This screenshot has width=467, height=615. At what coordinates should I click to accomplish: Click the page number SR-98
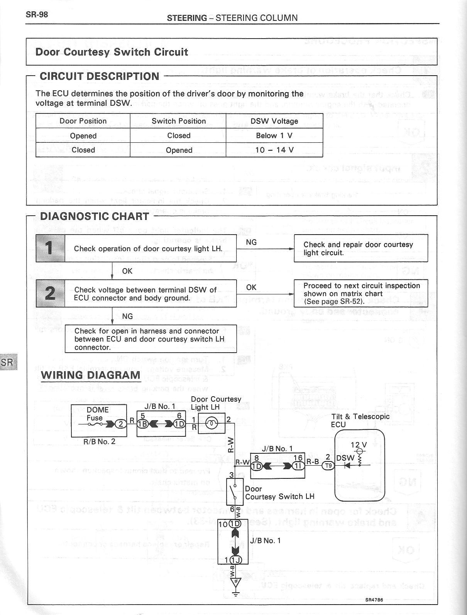pyautogui.click(x=37, y=15)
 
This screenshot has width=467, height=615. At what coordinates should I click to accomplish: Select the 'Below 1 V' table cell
pyautogui.click(x=274, y=135)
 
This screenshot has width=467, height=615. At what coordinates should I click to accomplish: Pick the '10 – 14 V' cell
pyautogui.click(x=274, y=150)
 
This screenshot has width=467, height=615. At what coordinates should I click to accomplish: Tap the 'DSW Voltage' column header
pyautogui.click(x=274, y=121)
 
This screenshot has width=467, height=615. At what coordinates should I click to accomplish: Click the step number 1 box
pyautogui.click(x=50, y=248)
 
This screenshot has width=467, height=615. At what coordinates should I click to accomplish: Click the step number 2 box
pyautogui.click(x=50, y=293)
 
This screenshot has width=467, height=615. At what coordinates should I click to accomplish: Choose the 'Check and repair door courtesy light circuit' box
pyautogui.click(x=361, y=248)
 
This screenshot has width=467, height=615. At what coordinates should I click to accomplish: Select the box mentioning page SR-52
pyautogui.click(x=361, y=293)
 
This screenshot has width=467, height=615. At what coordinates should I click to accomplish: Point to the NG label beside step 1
pyautogui.click(x=251, y=242)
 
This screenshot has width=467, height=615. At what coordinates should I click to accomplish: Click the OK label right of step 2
pyautogui.click(x=251, y=287)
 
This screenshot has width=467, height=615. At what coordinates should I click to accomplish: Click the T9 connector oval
pyautogui.click(x=328, y=466)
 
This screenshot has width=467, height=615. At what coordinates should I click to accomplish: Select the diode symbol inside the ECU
pyautogui.click(x=347, y=466)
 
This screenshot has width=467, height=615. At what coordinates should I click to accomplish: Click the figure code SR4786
pyautogui.click(x=374, y=600)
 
